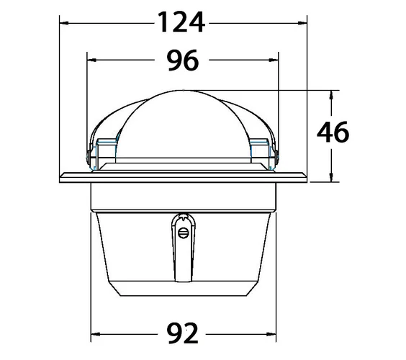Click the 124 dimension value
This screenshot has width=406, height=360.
click(x=181, y=22)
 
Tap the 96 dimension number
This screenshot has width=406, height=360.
click(x=183, y=60)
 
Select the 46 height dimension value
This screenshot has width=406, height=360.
click(x=333, y=132)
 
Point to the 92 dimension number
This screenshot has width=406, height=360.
click(x=183, y=333)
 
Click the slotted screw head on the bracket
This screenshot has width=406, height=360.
click(x=184, y=233)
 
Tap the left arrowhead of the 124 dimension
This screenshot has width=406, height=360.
click(x=64, y=23)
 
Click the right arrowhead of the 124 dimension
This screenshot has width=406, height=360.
click(x=302, y=23)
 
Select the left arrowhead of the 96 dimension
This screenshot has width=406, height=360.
click(x=91, y=60)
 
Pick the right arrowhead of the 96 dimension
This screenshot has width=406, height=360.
click(x=274, y=60)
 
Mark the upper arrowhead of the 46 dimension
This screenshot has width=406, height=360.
click(x=331, y=95)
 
